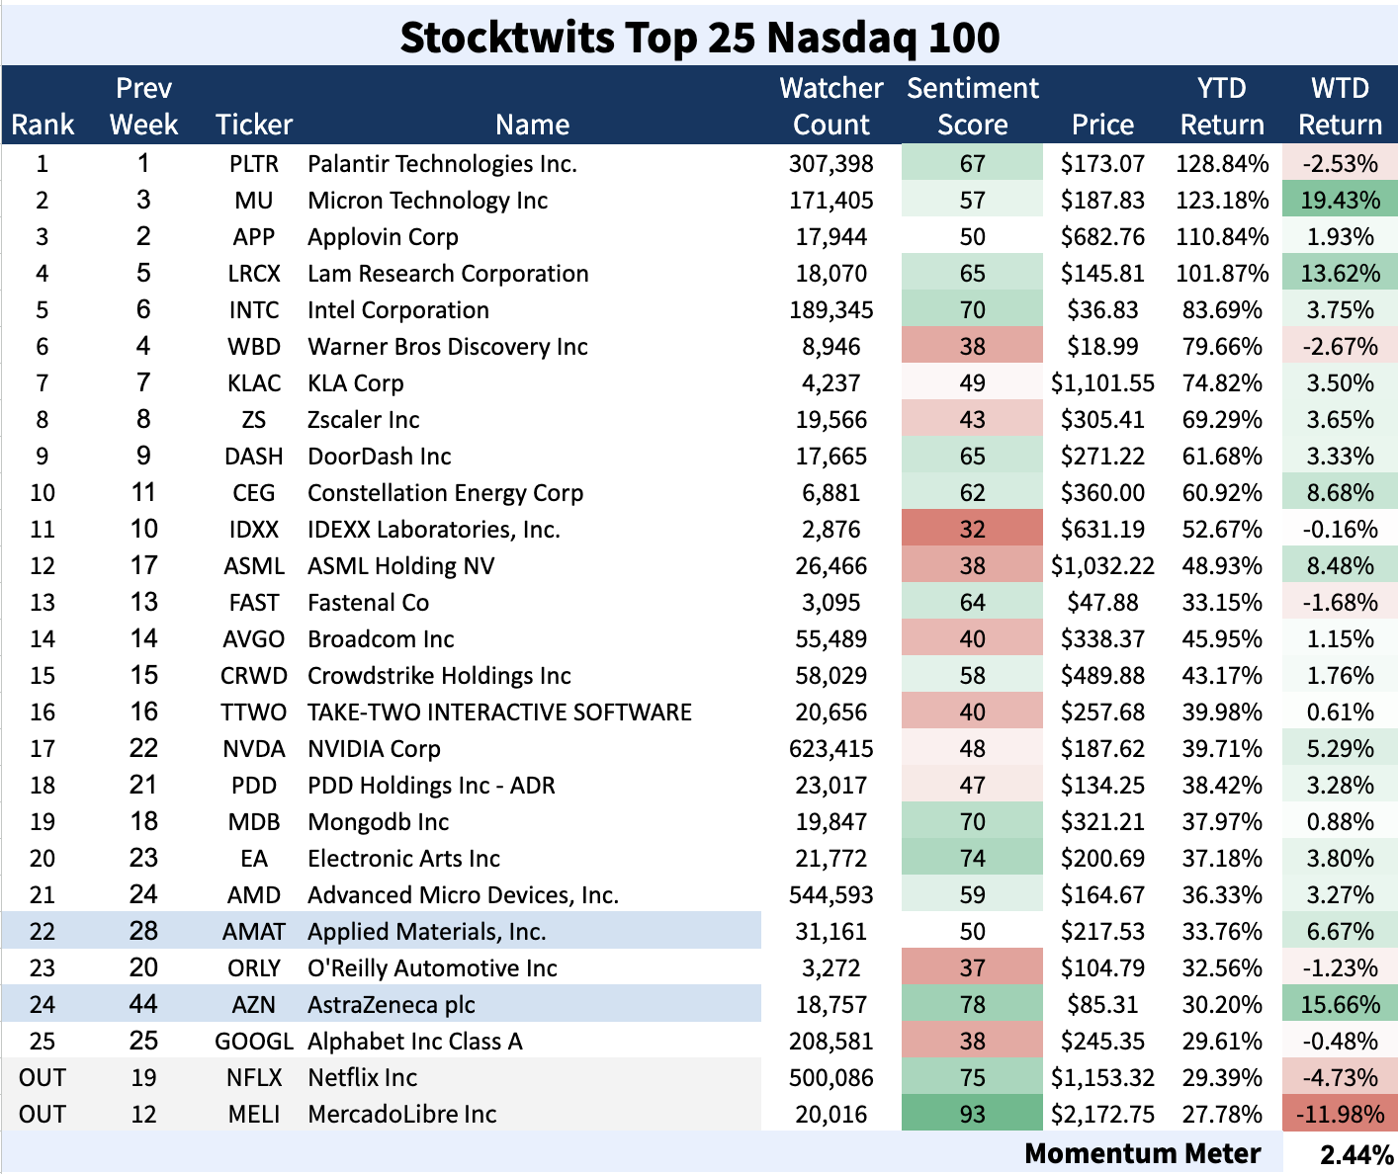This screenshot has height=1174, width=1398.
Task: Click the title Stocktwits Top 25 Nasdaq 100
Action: tap(699, 38)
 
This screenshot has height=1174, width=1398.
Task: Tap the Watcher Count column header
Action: tap(830, 106)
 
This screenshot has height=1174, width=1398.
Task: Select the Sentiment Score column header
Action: tap(972, 106)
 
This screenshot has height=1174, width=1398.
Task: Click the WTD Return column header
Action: tap(1340, 106)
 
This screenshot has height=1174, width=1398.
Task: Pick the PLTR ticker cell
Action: tap(254, 164)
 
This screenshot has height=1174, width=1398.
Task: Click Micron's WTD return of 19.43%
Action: tap(1340, 201)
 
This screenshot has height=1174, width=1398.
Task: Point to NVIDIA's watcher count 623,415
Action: tap(830, 749)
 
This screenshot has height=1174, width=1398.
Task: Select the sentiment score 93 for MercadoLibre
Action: tap(972, 1115)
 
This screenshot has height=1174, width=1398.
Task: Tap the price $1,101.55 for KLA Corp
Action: tap(1102, 383)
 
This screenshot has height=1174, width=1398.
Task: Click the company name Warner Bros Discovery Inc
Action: tap(447, 347)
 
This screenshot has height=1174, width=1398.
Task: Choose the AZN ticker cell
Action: tap(254, 1005)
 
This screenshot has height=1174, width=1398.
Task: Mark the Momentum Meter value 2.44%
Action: tap(1355, 1154)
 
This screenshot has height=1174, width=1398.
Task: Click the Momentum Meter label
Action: tap(1142, 1154)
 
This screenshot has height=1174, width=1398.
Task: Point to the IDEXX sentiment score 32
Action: tap(972, 530)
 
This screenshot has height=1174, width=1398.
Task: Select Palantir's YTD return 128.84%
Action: tap(1222, 164)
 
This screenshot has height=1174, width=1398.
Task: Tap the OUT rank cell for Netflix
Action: tap(43, 1078)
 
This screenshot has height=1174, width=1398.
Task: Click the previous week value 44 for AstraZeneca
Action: tap(143, 1005)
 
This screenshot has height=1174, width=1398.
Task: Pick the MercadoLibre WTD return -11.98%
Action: tap(1340, 1115)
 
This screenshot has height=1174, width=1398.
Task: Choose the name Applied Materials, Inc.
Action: tap(426, 932)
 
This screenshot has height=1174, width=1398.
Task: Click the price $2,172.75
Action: tap(1102, 1115)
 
